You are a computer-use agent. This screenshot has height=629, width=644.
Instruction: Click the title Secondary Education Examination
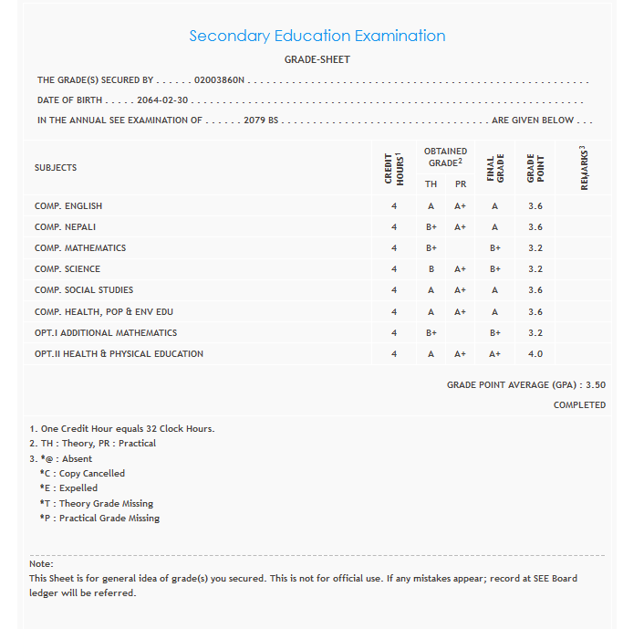(x=317, y=37)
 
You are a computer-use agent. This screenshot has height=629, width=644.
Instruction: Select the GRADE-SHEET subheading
(x=317, y=60)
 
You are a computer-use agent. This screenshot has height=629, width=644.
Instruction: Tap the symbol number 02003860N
(x=220, y=80)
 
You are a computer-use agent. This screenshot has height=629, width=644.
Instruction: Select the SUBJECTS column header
(x=56, y=168)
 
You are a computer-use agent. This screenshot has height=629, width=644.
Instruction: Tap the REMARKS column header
(x=584, y=168)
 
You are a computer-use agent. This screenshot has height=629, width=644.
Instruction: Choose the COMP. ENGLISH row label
(x=68, y=206)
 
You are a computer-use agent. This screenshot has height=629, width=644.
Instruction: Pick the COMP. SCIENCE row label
(x=68, y=269)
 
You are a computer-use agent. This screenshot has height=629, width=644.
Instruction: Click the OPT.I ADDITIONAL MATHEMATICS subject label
(x=106, y=333)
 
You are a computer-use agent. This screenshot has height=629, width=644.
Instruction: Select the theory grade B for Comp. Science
(x=431, y=269)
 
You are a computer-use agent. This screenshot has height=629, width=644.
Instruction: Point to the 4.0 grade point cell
(x=535, y=354)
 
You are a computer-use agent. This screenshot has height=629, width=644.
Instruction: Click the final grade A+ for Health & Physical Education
(x=495, y=354)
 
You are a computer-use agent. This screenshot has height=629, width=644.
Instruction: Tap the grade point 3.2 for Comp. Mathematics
(x=535, y=248)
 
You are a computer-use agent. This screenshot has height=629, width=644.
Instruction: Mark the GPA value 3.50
(x=596, y=385)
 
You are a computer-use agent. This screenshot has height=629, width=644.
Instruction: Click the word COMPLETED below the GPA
(x=579, y=405)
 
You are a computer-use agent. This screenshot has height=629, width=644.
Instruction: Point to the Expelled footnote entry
(x=68, y=488)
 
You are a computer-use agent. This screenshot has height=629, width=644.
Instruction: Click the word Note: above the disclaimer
(x=42, y=564)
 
